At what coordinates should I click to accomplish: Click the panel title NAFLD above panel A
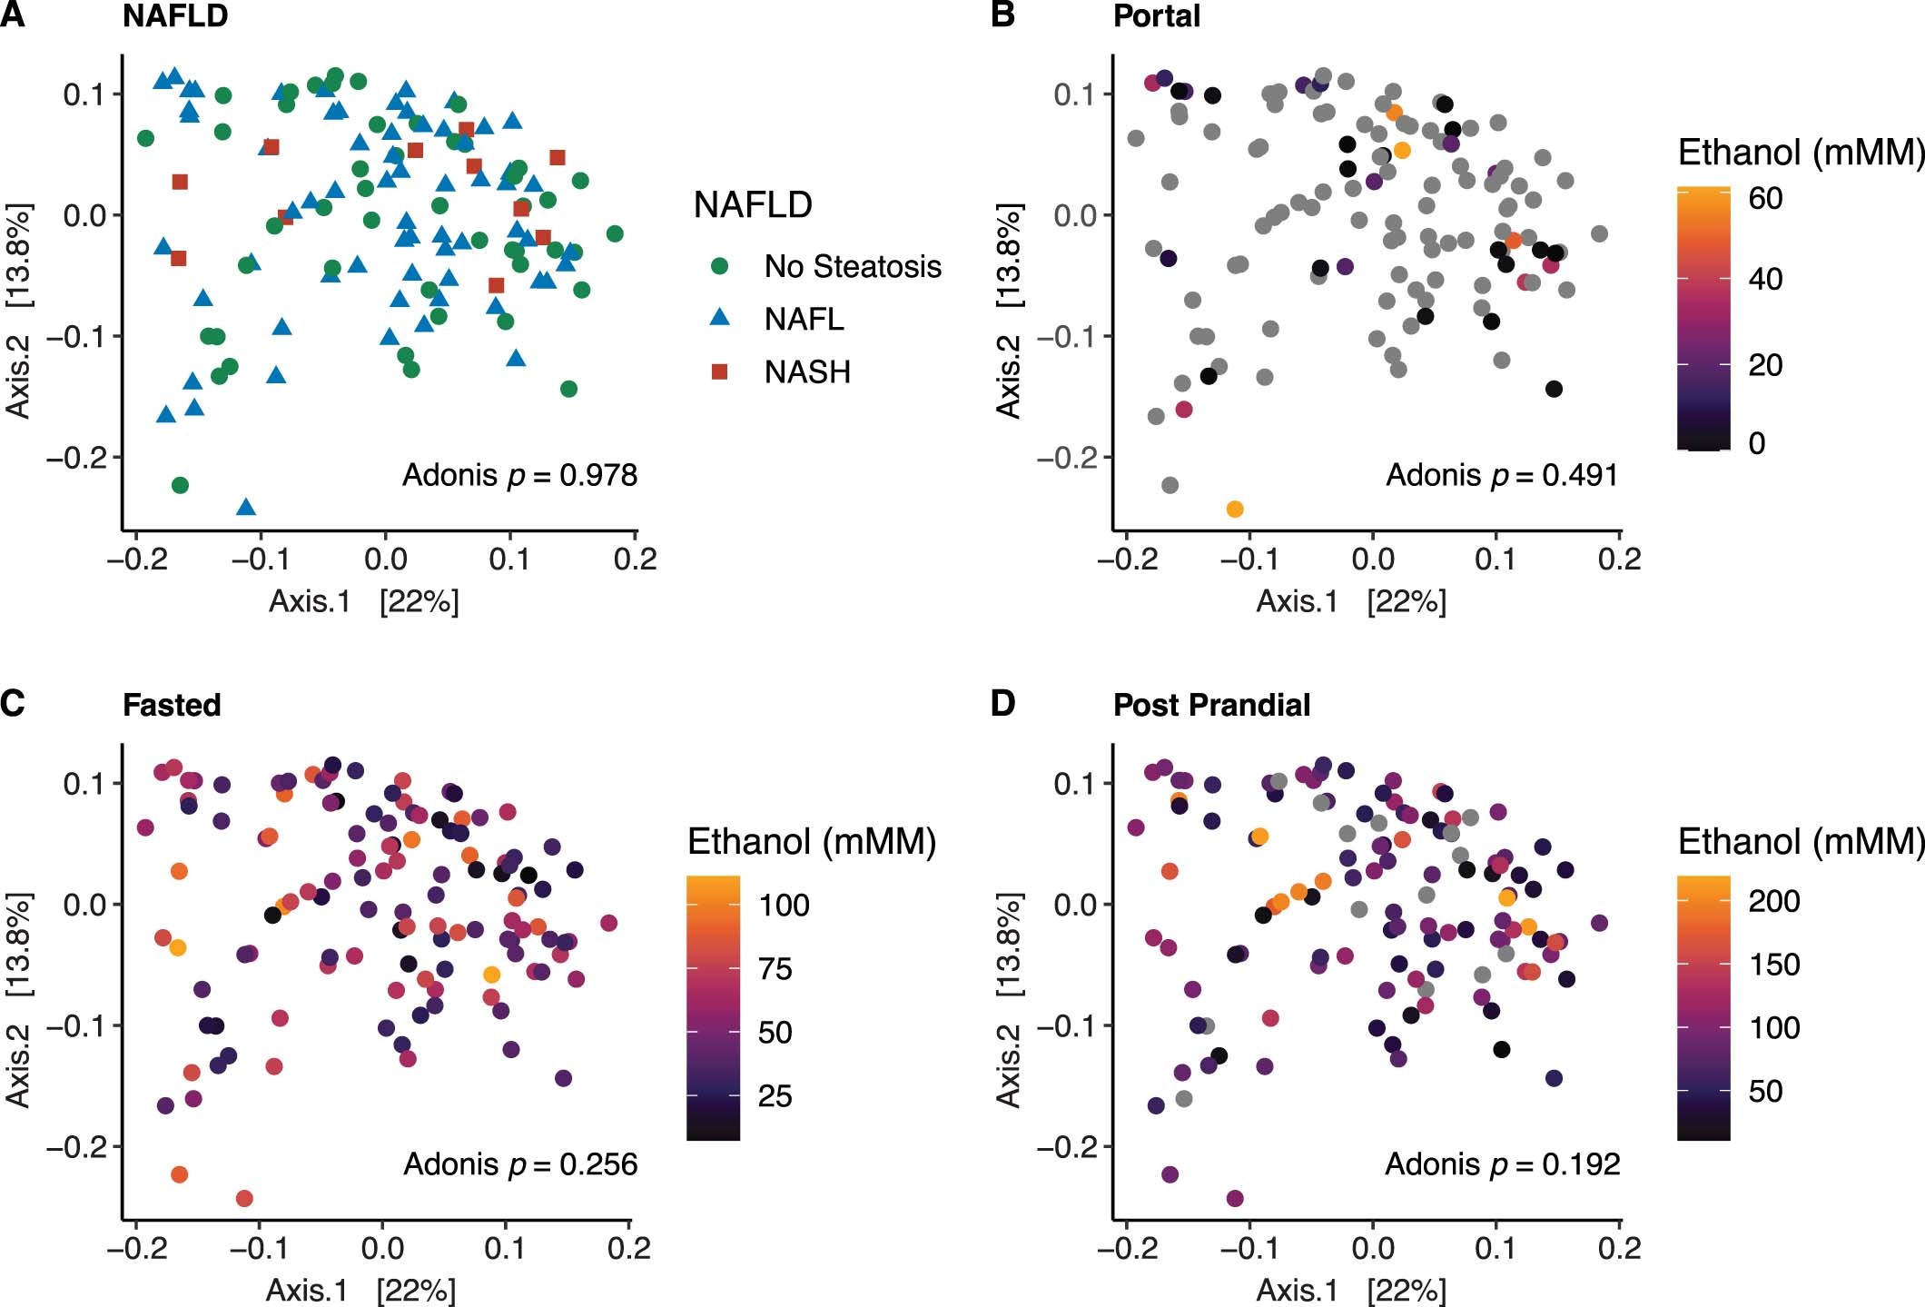(x=174, y=16)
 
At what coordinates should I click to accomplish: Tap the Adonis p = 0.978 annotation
(x=519, y=475)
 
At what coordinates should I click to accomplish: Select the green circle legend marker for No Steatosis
(x=719, y=266)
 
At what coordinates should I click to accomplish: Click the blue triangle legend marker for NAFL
(x=719, y=318)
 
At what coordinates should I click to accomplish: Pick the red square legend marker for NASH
(x=719, y=371)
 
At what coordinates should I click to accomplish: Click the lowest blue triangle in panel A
(x=245, y=507)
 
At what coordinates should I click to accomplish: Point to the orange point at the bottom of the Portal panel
(x=1234, y=509)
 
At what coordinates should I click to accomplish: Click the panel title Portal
(x=1156, y=16)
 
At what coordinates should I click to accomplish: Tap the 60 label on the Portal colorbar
(x=1765, y=198)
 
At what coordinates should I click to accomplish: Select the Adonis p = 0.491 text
(x=1502, y=475)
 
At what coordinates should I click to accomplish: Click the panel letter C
(x=13, y=703)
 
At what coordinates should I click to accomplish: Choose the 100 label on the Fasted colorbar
(x=784, y=905)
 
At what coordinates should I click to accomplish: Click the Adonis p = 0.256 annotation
(x=519, y=1163)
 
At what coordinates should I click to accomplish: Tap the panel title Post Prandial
(x=1211, y=705)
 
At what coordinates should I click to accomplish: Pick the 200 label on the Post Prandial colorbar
(x=1773, y=900)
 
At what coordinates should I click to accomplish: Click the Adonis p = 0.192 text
(x=1502, y=1163)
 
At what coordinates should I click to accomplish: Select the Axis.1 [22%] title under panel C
(x=360, y=1290)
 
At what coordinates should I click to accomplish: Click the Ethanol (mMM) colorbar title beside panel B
(x=1800, y=152)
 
